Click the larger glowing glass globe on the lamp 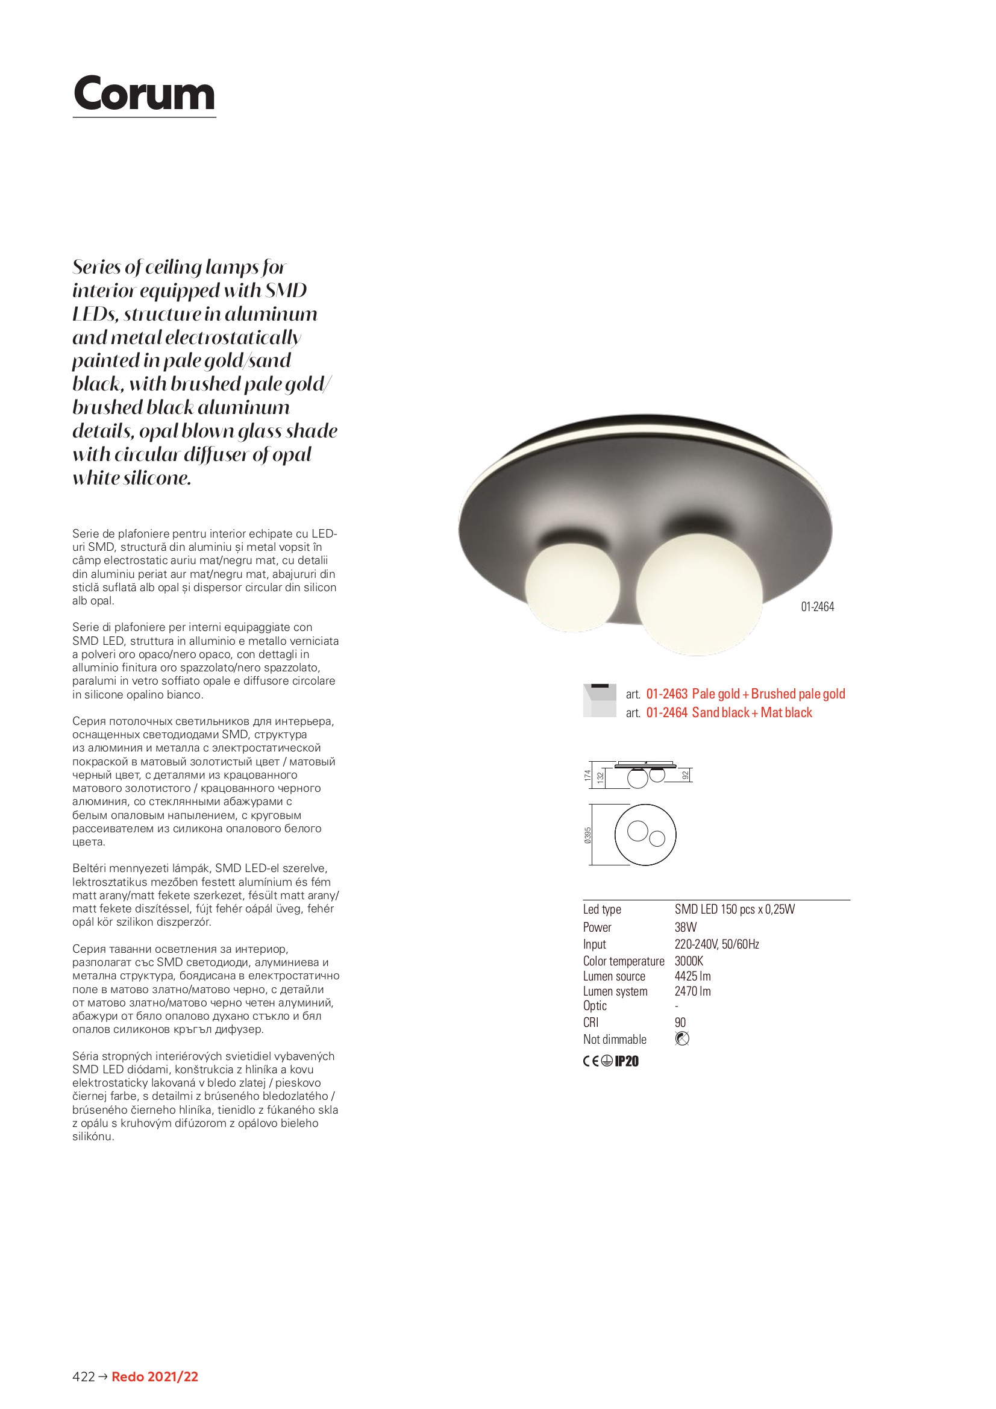(x=699, y=594)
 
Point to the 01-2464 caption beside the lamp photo (x=818, y=607)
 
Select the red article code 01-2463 (x=666, y=694)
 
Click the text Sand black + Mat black (x=752, y=712)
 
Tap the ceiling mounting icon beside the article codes (x=600, y=701)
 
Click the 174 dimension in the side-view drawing (x=588, y=776)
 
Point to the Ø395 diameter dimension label (x=588, y=835)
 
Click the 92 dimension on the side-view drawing (x=686, y=775)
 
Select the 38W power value (x=686, y=927)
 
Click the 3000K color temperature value (x=689, y=961)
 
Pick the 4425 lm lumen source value (x=692, y=976)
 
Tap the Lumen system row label (x=615, y=991)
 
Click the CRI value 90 (x=680, y=1022)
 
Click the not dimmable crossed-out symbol (x=682, y=1039)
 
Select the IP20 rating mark (x=627, y=1062)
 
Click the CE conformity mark (x=590, y=1062)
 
